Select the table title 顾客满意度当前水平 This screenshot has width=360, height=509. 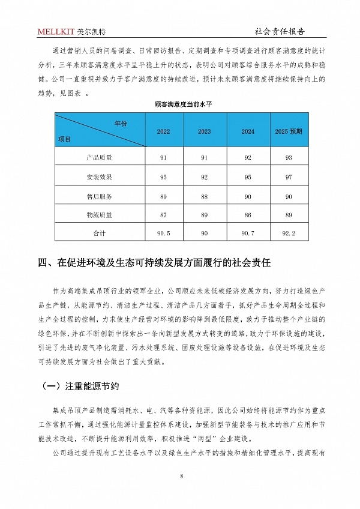[179, 104]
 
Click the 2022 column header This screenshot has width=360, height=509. [163, 131]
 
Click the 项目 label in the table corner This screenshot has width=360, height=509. [64, 139]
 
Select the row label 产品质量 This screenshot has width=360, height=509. [99, 158]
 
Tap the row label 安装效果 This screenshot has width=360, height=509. [99, 177]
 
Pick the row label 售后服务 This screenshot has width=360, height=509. [99, 196]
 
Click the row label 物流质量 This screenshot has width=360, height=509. [99, 214]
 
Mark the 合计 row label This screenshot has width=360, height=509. [99, 232]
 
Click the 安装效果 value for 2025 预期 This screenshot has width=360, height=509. [289, 177]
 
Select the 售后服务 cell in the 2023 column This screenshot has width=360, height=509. [205, 196]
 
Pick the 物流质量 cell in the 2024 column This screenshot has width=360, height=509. [248, 214]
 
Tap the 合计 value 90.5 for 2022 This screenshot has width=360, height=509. [163, 232]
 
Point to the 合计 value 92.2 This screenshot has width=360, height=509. [289, 232]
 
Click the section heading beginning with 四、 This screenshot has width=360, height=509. [155, 262]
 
